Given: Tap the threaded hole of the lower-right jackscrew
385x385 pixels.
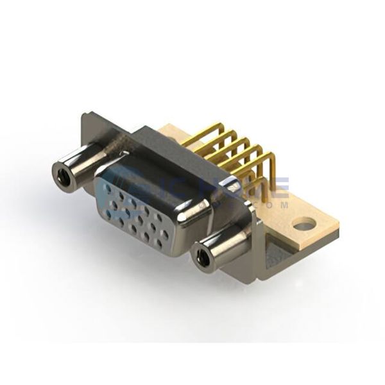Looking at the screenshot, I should click(203, 259).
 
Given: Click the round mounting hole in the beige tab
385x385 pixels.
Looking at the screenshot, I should click(304, 225).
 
